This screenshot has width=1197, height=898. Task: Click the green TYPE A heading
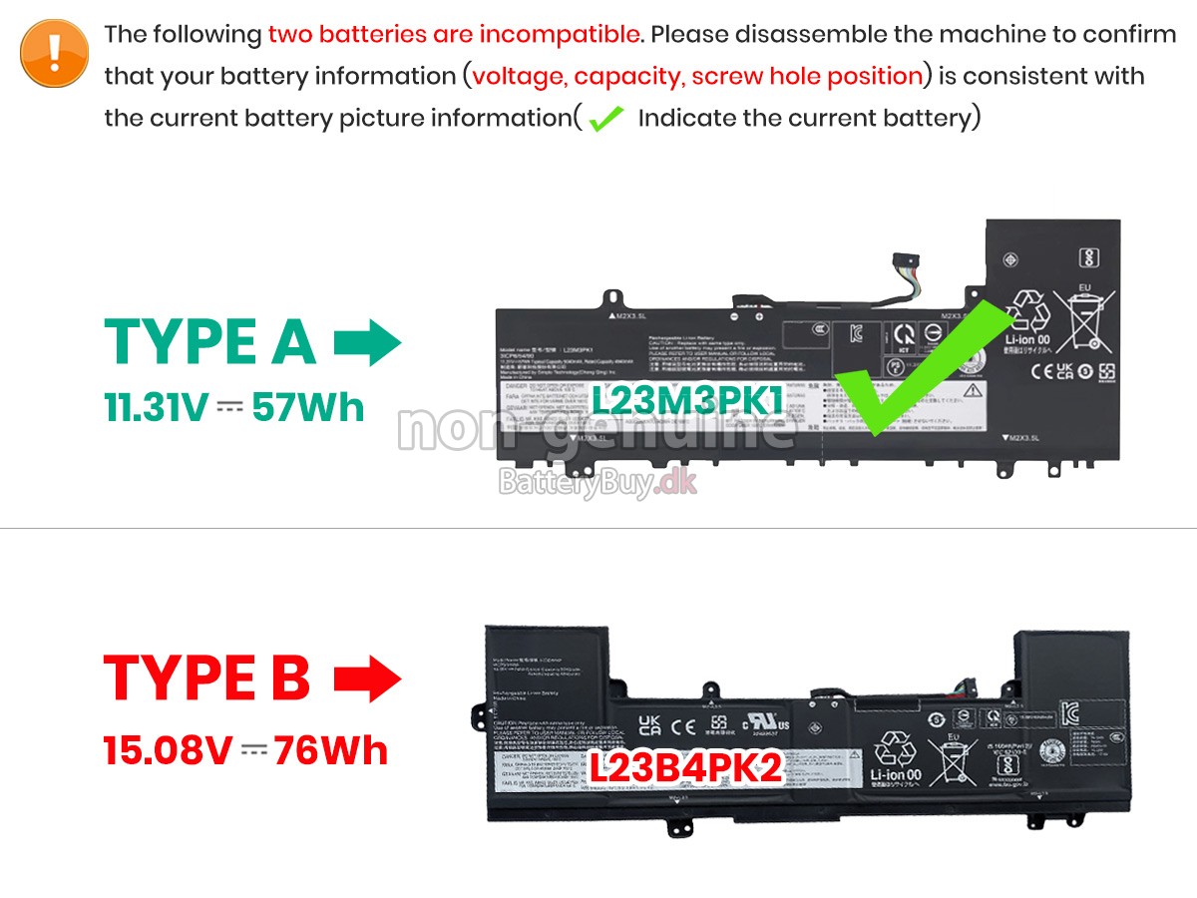[210, 342]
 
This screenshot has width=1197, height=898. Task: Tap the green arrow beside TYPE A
[366, 342]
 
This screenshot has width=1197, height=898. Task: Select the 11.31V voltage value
[158, 408]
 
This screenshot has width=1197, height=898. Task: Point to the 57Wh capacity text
[308, 408]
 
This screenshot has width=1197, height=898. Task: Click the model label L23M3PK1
[688, 401]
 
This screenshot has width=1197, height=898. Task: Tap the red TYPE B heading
[207, 677]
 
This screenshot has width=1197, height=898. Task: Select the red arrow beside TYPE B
[366, 678]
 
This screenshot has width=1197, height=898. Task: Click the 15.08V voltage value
[168, 749]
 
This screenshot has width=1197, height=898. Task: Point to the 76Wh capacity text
[330, 749]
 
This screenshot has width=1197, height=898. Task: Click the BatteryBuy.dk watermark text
[598, 484]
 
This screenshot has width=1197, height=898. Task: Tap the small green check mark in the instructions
[605, 119]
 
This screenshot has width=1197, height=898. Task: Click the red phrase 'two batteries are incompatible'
[454, 34]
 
